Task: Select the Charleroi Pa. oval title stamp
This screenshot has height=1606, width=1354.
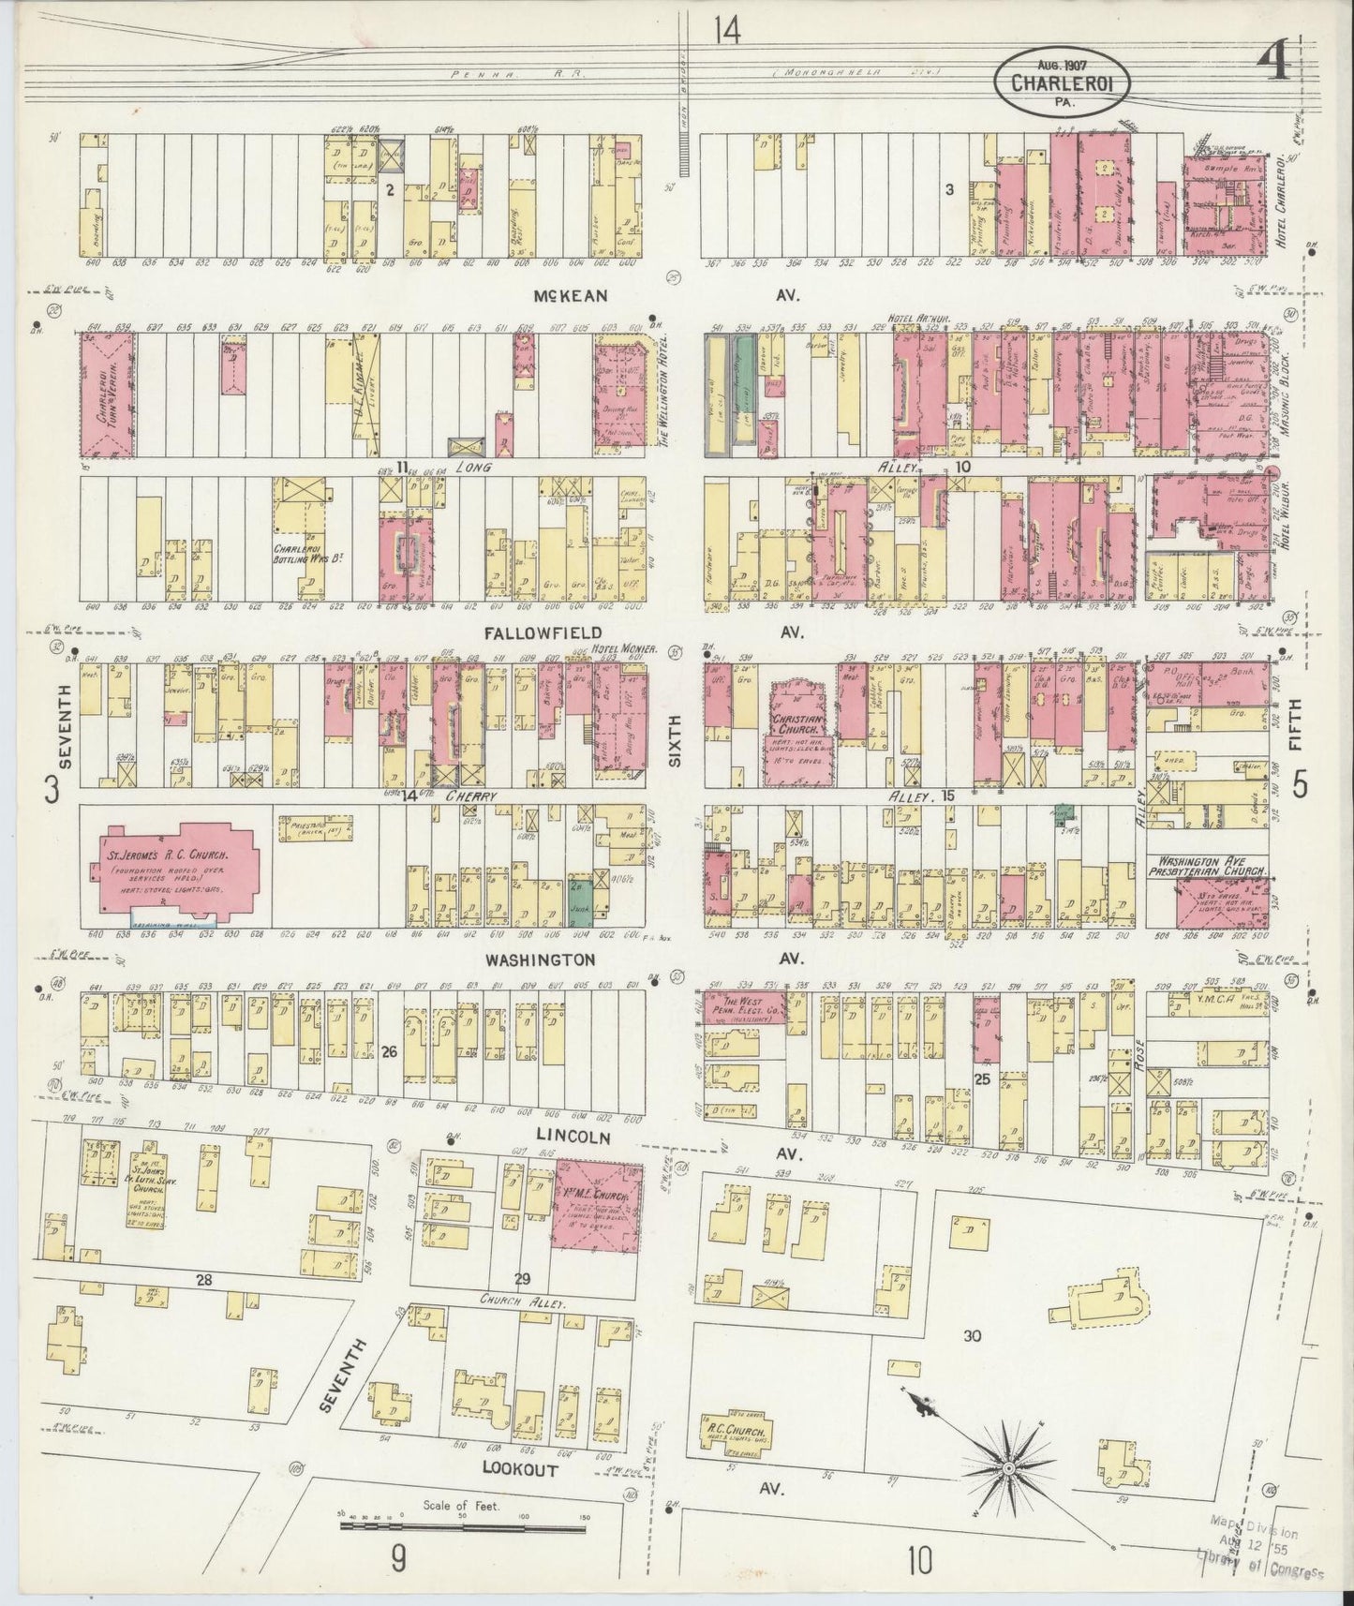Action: pyautogui.click(x=1062, y=82)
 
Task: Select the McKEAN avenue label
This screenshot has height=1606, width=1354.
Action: pyautogui.click(x=571, y=296)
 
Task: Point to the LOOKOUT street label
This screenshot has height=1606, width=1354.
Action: pyautogui.click(x=520, y=1470)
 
